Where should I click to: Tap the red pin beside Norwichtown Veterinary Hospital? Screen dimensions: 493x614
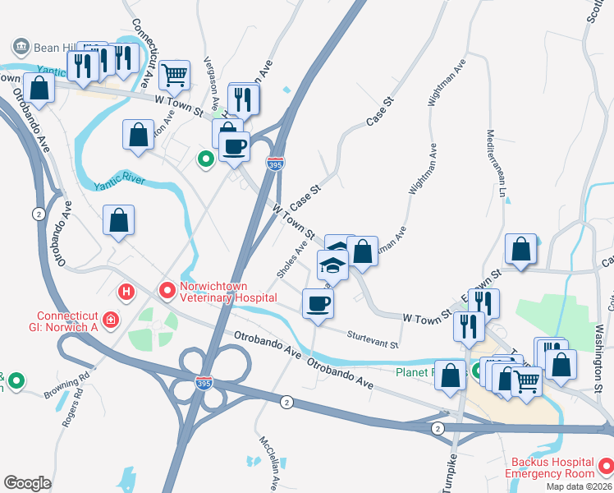(x=167, y=290)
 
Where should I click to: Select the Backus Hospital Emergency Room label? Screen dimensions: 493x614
(x=549, y=467)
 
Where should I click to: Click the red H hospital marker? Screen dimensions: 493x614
(x=126, y=291)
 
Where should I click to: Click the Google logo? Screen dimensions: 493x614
(x=27, y=482)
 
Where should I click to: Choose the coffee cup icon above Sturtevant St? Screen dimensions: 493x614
(x=318, y=304)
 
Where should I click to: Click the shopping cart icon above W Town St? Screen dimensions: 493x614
(x=174, y=75)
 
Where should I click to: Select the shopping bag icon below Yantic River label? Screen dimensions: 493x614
(x=119, y=220)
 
